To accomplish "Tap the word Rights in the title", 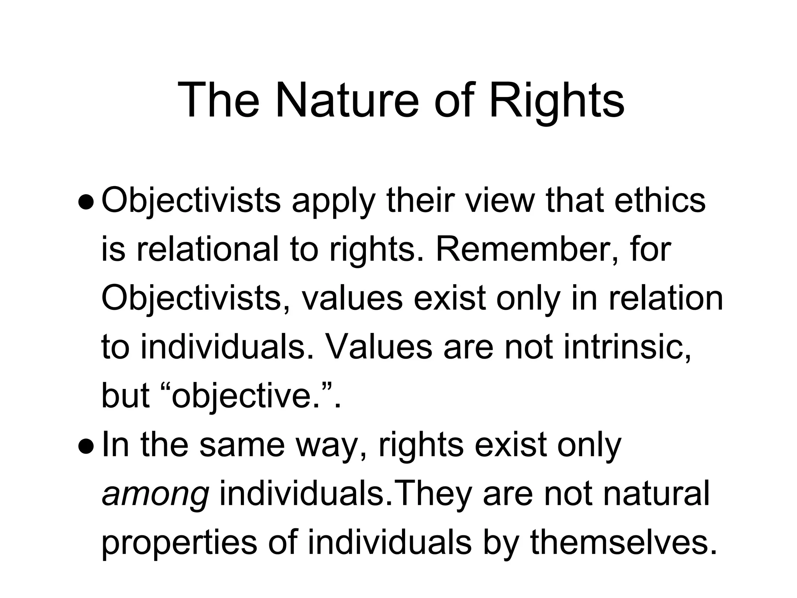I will [556, 100].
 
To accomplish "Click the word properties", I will [179, 544].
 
